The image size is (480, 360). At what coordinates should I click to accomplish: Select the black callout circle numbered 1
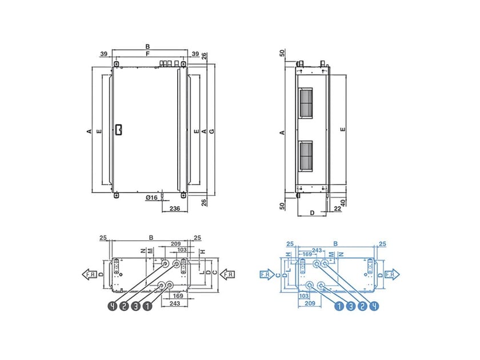(x=147, y=306)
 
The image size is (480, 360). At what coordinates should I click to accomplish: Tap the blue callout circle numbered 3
(x=350, y=306)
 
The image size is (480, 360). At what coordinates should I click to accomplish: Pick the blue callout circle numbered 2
(x=362, y=306)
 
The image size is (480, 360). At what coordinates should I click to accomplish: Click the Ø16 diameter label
(x=151, y=197)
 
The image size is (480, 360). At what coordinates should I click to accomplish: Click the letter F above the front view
(x=147, y=54)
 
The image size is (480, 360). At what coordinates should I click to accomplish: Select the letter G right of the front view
(x=211, y=132)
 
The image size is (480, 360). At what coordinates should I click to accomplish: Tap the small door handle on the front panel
(x=118, y=130)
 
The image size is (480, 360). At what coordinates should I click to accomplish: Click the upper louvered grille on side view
(x=306, y=103)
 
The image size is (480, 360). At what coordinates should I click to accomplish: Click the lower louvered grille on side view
(x=306, y=157)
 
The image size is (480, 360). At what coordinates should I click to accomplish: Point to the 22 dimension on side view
(x=338, y=209)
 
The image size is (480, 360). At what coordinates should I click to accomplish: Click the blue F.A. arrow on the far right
(x=393, y=274)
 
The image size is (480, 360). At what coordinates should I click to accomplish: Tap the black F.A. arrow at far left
(x=89, y=274)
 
